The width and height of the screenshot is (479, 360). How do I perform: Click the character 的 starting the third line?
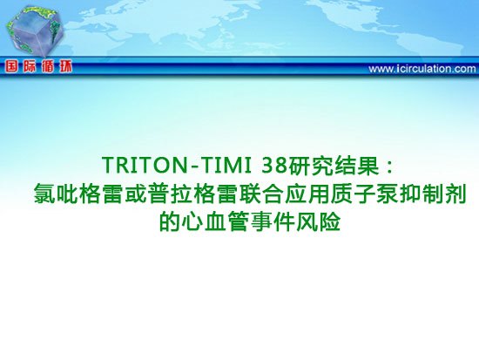[169, 221]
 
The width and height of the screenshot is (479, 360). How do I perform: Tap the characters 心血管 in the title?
[214, 221]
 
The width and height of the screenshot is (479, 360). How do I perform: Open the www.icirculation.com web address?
[422, 69]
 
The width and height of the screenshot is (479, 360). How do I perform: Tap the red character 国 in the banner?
[11, 67]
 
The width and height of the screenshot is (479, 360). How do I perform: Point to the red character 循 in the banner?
[48, 67]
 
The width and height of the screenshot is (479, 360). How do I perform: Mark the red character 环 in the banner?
[65, 67]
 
